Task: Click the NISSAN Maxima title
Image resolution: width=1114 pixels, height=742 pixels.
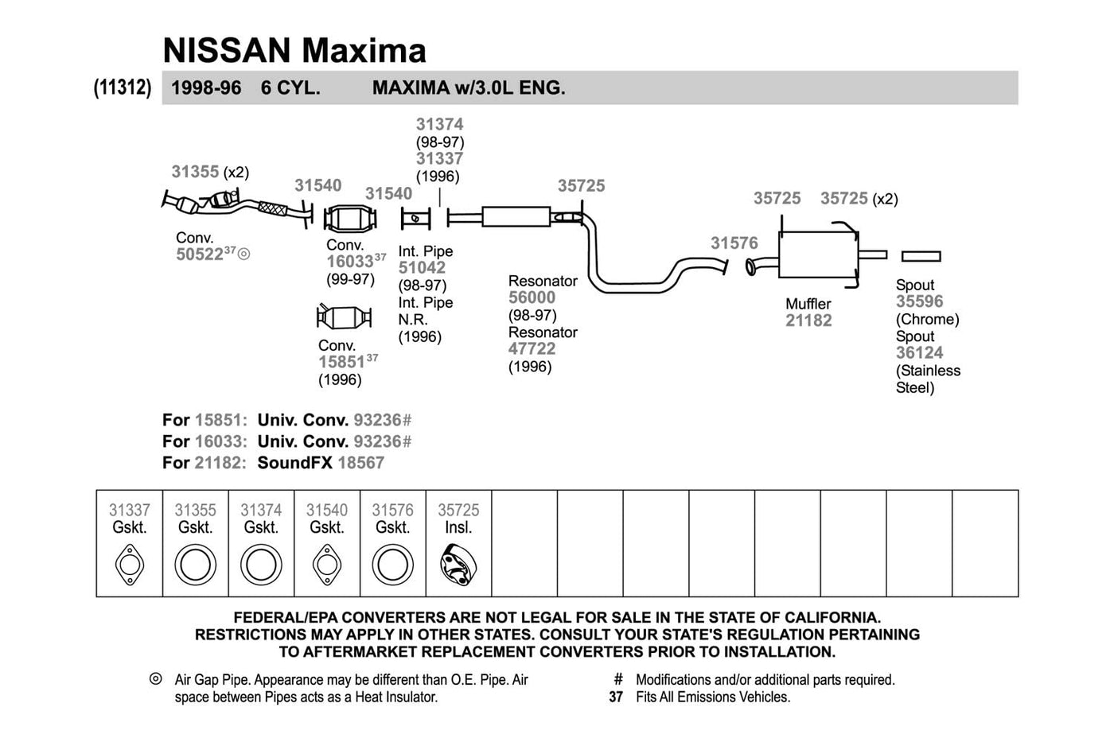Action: [x=294, y=50]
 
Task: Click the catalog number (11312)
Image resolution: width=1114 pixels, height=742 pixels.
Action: [x=123, y=87]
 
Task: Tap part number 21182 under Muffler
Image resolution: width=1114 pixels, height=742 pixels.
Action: [x=808, y=320]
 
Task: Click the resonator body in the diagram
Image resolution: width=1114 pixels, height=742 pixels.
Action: [x=516, y=216]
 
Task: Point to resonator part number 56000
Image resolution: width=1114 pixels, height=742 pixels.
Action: [x=532, y=297]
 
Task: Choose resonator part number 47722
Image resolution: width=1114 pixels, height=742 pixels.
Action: [x=532, y=349]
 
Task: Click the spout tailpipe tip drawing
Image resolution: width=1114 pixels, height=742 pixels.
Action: [x=921, y=256]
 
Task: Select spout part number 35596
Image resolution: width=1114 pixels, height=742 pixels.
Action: [x=920, y=301]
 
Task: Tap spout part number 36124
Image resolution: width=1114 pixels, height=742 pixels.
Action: [x=920, y=353]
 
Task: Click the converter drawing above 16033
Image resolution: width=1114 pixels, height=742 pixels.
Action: [x=349, y=219]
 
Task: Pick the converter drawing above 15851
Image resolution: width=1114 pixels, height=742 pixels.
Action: [x=344, y=317]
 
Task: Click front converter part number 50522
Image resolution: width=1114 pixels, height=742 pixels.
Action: [x=200, y=254]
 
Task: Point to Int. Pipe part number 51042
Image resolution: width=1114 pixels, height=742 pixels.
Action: [x=422, y=268]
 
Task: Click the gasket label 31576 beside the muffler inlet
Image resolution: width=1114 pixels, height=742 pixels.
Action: [x=734, y=243]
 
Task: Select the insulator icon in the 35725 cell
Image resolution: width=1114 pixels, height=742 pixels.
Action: [x=458, y=565]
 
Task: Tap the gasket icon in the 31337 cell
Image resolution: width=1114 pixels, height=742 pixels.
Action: [x=130, y=565]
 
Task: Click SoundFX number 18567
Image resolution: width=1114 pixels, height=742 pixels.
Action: [x=360, y=463]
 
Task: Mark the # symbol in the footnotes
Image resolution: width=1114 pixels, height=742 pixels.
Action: [x=618, y=679]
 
